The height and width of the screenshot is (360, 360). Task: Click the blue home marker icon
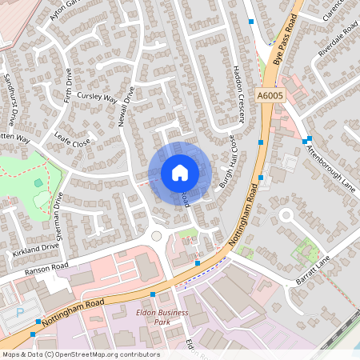[179, 173]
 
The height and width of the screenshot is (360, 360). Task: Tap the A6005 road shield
[270, 96]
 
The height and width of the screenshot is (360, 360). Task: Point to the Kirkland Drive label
[36, 251]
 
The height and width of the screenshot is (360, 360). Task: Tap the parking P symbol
[20, 314]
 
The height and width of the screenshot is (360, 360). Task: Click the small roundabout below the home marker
[156, 236]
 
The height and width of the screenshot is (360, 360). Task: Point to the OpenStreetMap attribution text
[80, 354]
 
